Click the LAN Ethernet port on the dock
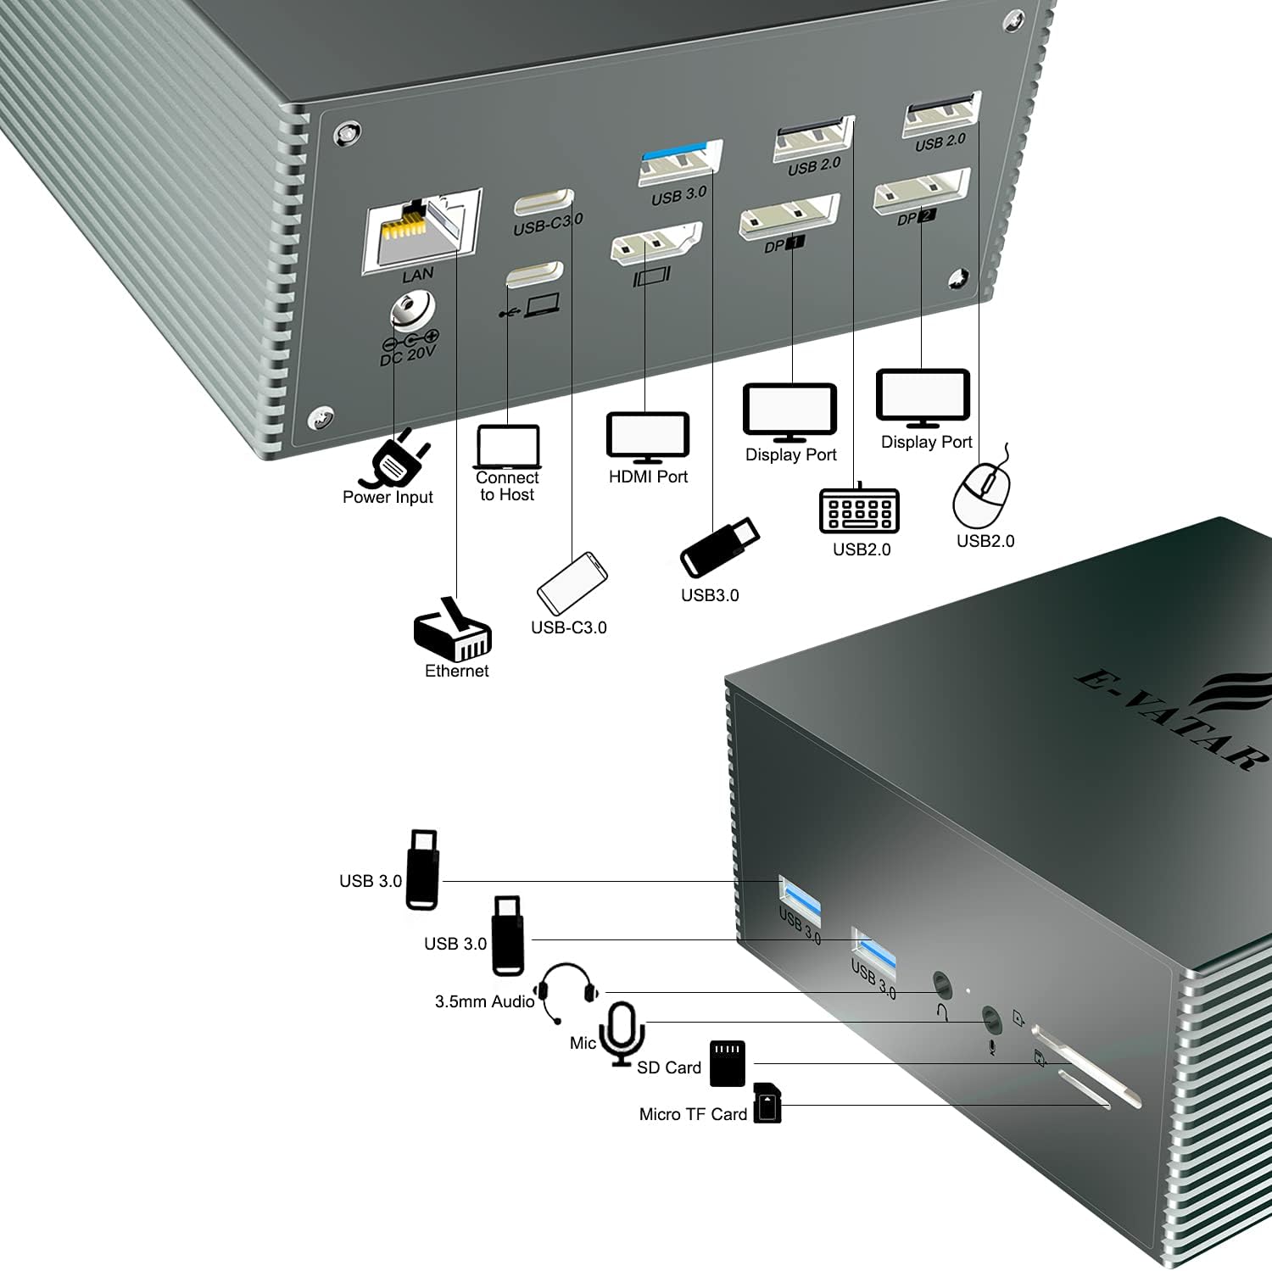coord(421,230)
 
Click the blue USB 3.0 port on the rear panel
coord(680,162)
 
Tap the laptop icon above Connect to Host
coord(508,446)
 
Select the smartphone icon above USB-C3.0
coord(572,583)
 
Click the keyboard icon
coord(859,510)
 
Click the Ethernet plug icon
coord(453,632)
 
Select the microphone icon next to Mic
coord(622,1033)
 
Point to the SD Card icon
coord(727,1063)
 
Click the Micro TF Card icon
coord(767,1103)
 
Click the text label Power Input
coord(388,498)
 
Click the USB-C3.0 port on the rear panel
coord(544,204)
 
